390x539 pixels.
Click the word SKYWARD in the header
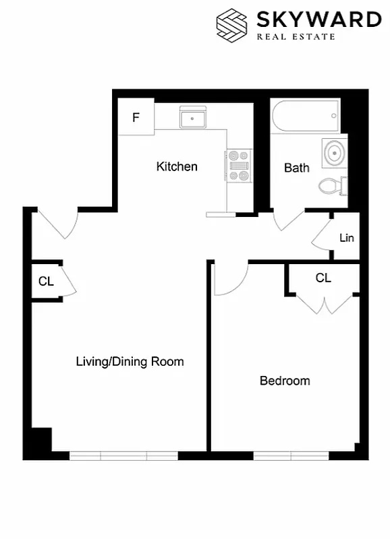[319, 20]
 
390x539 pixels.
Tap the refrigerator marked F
[136, 117]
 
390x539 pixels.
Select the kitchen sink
[193, 119]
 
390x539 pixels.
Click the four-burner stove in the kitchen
[238, 166]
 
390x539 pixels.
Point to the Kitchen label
[177, 166]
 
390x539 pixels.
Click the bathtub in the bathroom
[304, 116]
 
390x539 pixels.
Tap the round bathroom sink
[333, 152]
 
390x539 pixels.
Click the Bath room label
[297, 168]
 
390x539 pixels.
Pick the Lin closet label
[347, 238]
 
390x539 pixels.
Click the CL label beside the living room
[46, 282]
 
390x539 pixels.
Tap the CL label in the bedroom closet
[324, 278]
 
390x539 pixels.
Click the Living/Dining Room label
[130, 362]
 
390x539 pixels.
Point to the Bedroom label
[285, 381]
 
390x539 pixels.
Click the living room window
[123, 456]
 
